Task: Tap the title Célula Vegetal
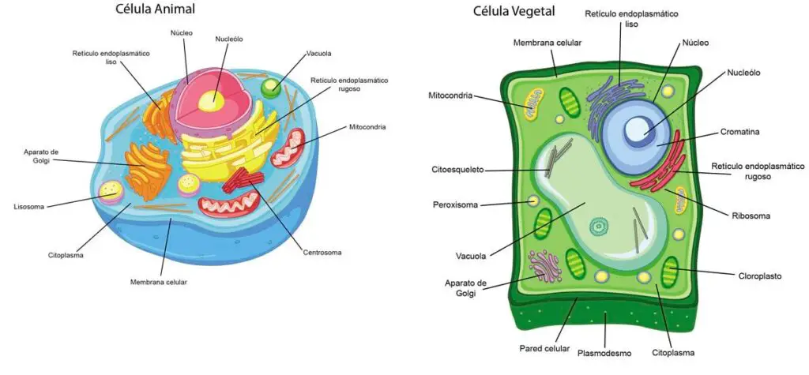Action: coord(514,11)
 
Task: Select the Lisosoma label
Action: coord(29,208)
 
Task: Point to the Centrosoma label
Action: coord(322,253)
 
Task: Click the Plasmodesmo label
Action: coord(605,353)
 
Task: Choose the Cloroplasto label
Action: coord(759,276)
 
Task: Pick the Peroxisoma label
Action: coord(455,204)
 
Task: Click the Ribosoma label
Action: coord(751,215)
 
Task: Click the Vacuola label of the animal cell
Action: coord(319,54)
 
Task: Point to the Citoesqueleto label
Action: coord(457,170)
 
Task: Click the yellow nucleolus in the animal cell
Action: coord(211,99)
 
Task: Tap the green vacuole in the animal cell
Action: coord(271,87)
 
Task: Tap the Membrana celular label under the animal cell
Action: coord(159,281)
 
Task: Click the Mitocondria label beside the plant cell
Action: coord(450,96)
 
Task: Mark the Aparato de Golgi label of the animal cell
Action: coord(41,156)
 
